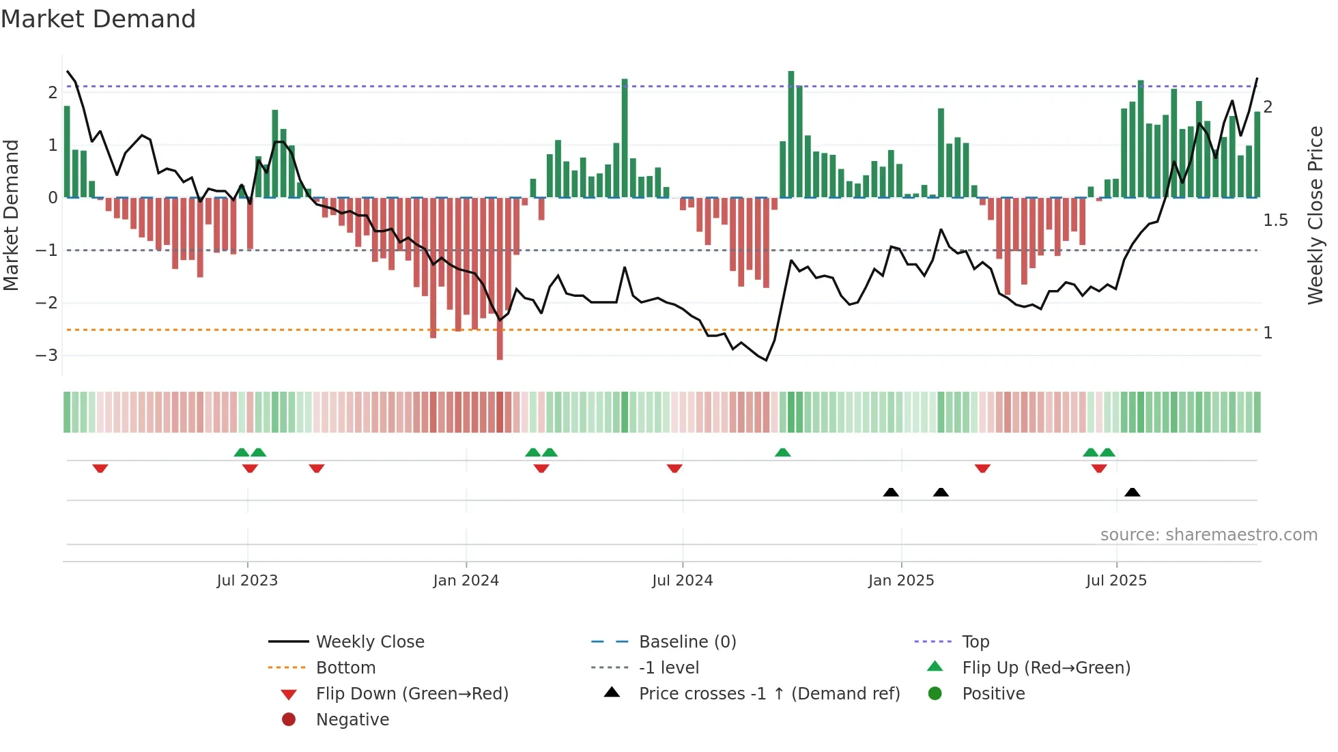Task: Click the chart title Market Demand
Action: click(98, 19)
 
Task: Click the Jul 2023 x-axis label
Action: click(247, 581)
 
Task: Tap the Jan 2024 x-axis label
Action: click(466, 581)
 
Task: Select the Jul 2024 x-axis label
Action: click(682, 581)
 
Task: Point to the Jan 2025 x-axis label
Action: click(901, 581)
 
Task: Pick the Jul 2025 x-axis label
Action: click(1116, 581)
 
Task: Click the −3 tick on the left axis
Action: click(47, 356)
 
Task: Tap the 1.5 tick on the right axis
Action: click(1275, 220)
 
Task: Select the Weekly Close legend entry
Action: click(369, 642)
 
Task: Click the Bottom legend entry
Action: click(345, 668)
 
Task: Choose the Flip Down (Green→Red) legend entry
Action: click(412, 694)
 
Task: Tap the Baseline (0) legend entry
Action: click(687, 642)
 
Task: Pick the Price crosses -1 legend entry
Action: click(769, 694)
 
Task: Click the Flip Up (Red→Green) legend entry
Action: click(1046, 668)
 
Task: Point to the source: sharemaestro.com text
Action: click(1208, 535)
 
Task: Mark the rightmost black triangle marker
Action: click(1132, 493)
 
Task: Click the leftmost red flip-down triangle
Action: click(100, 468)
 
